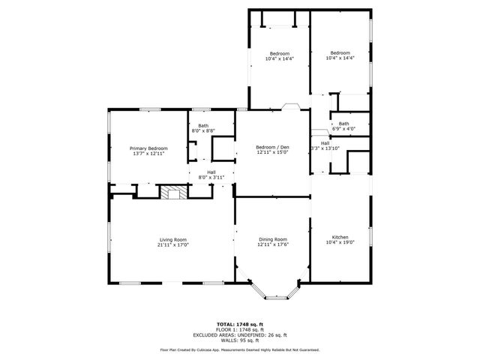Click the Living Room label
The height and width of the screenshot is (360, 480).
tap(172, 240)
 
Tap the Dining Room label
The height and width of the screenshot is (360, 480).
tap(272, 238)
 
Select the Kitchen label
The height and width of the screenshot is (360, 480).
tap(340, 237)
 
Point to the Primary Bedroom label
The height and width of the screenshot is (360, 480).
tap(148, 148)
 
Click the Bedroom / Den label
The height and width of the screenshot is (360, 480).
tap(272, 146)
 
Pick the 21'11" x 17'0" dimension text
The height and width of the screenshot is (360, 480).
tap(172, 245)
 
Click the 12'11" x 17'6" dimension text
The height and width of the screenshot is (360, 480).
tap(272, 244)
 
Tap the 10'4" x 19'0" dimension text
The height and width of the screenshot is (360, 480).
tap(340, 242)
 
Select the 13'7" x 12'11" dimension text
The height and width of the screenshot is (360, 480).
tap(148, 154)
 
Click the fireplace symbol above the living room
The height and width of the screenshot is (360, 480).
tap(174, 193)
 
